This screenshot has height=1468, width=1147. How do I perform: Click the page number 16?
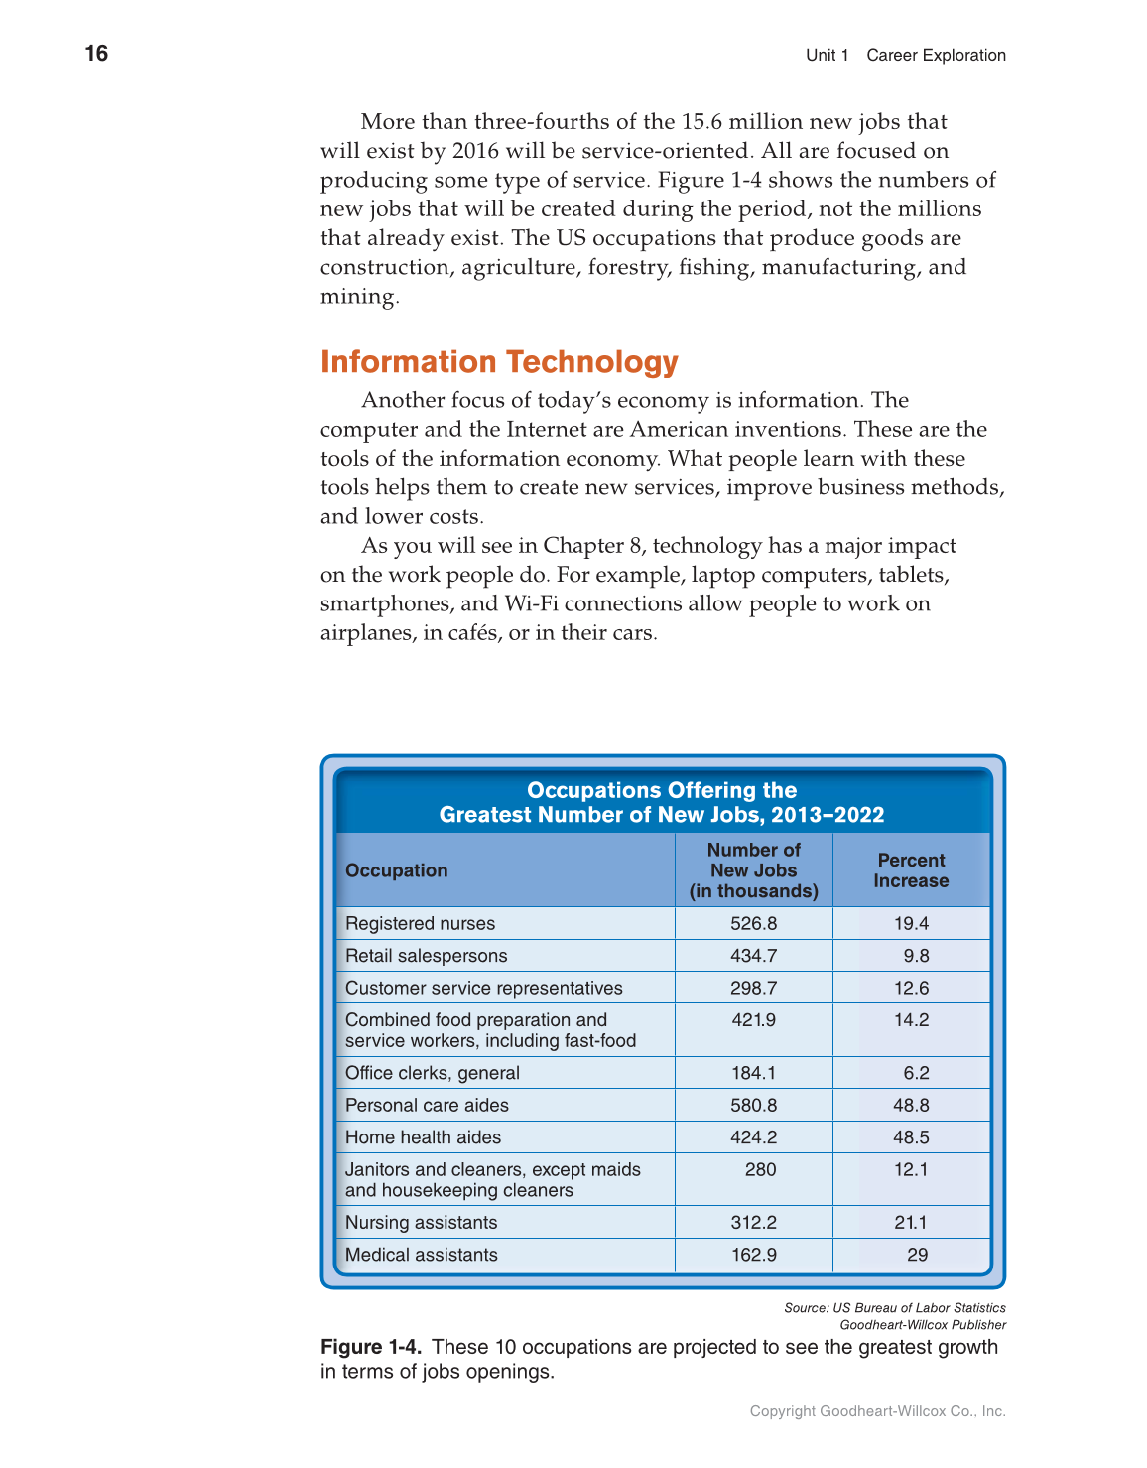96,54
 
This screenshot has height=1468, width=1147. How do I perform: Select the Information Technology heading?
499,362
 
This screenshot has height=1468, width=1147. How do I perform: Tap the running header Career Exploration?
936,56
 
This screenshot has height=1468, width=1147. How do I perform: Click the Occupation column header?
396,870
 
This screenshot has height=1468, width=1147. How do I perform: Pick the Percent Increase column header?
911,870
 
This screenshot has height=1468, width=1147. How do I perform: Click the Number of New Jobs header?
753,870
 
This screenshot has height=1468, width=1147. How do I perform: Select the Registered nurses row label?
420,923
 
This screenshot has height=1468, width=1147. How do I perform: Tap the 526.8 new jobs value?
753,923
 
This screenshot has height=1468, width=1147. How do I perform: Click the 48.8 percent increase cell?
911,1105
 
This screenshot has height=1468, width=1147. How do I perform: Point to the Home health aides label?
423,1137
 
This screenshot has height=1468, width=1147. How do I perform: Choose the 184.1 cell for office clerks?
753,1073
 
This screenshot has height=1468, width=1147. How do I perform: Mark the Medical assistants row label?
421,1255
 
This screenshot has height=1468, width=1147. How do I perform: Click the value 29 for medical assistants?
917,1255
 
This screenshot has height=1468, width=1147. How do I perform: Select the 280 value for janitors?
760,1169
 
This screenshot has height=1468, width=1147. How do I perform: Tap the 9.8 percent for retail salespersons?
916,956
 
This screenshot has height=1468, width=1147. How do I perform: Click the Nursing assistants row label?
421,1223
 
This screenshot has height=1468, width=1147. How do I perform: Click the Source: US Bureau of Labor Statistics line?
894,1308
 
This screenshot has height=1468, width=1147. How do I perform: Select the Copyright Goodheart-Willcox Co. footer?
877,1411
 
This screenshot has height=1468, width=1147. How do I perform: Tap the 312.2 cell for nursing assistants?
753,1223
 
